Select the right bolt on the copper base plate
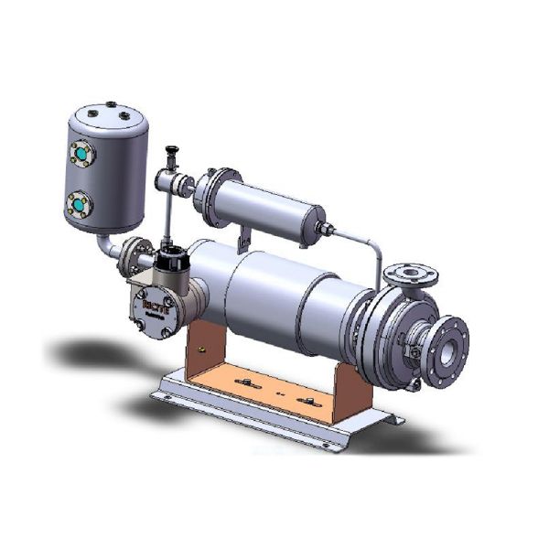(305, 400)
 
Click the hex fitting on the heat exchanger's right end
(322, 229)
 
